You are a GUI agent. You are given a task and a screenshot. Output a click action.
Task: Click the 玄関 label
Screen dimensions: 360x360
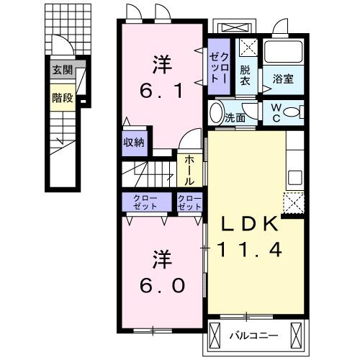tap(62, 70)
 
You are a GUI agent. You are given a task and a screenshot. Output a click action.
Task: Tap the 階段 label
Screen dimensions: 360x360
tap(62, 97)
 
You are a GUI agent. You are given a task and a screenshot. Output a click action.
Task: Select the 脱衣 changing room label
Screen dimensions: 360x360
tap(246, 76)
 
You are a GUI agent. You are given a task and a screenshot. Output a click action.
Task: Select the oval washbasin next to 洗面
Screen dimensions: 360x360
tap(216, 113)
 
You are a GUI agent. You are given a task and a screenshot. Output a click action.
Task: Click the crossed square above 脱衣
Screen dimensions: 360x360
tap(247, 50)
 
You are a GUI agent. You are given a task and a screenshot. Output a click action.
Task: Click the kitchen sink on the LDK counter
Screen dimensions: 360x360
tap(294, 176)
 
